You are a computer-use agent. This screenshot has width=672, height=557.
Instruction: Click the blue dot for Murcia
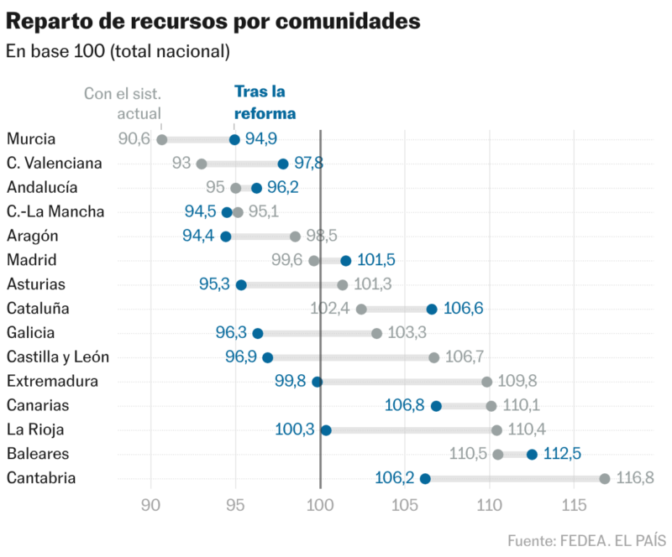(x=234, y=140)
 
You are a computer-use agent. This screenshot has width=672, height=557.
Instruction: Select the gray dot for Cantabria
(x=605, y=478)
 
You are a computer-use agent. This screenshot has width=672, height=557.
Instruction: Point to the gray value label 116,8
(x=635, y=478)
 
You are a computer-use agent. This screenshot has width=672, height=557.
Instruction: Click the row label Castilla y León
(x=57, y=357)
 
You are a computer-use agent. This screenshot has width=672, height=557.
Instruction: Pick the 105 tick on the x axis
(x=405, y=505)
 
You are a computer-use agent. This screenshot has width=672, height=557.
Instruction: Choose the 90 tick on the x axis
(x=151, y=505)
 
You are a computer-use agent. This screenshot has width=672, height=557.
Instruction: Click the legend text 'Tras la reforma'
(x=265, y=102)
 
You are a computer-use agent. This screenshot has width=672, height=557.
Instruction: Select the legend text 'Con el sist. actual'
(x=122, y=102)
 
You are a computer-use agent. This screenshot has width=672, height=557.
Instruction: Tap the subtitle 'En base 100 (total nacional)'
(x=118, y=51)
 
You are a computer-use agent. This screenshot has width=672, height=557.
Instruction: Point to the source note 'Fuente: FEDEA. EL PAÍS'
(x=586, y=539)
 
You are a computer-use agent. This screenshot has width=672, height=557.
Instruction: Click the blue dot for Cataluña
(x=432, y=309)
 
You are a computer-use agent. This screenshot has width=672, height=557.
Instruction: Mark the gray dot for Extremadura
(x=486, y=382)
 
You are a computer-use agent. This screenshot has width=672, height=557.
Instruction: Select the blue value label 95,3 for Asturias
(x=214, y=284)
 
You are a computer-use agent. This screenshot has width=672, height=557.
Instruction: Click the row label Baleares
(x=38, y=454)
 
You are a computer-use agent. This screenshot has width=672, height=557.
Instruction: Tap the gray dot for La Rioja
(x=496, y=430)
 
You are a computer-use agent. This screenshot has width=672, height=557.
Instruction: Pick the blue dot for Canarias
(x=436, y=406)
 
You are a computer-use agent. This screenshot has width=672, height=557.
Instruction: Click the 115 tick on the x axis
(x=574, y=505)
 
